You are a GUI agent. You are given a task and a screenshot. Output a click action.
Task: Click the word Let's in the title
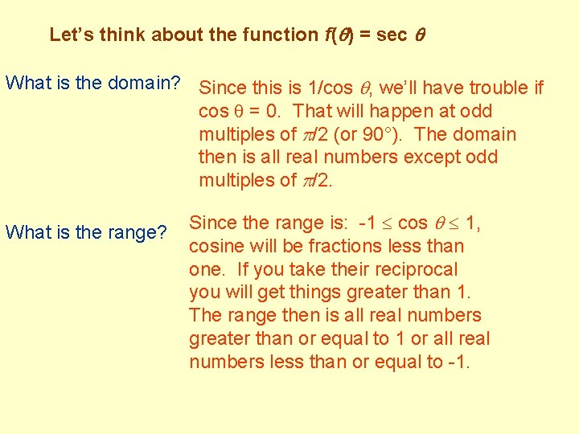(x=70, y=35)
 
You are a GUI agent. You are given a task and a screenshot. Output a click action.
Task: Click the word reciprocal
(x=412, y=269)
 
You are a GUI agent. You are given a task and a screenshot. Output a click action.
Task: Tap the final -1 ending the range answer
(x=459, y=362)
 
